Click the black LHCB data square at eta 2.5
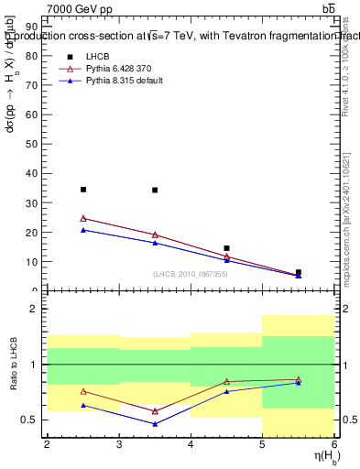(83, 190)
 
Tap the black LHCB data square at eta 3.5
(155, 191)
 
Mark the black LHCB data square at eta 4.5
(226, 248)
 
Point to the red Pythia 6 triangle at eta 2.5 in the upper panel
(83, 218)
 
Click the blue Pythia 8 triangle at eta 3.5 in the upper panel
(155, 243)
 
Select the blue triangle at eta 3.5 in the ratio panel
(155, 424)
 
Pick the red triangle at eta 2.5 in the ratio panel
(83, 391)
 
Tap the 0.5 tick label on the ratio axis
(29, 420)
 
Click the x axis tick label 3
(119, 444)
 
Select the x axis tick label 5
(262, 444)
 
